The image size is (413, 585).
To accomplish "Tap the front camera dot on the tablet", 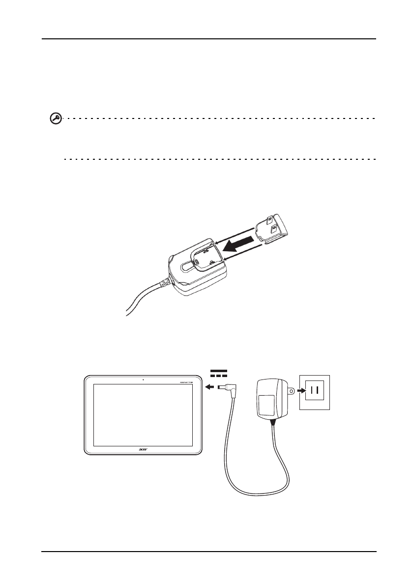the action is [x=142, y=380].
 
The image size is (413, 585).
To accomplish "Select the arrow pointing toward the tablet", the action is [x=210, y=386].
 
